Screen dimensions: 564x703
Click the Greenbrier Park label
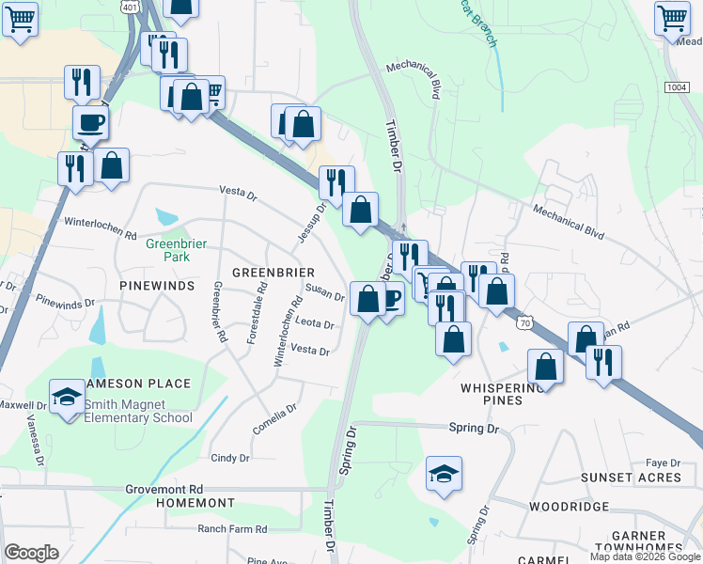coord(176,249)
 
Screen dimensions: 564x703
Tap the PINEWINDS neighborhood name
coord(157,284)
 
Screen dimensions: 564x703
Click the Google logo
coord(31,553)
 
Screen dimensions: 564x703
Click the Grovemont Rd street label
coord(164,490)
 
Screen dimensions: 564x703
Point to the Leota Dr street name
coord(315,323)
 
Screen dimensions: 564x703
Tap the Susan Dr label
coord(324,294)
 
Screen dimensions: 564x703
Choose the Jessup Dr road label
coord(312,223)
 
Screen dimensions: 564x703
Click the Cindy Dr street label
coord(230,459)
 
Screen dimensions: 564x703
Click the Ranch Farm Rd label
coord(234,529)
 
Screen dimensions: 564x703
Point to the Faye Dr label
coord(663,463)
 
